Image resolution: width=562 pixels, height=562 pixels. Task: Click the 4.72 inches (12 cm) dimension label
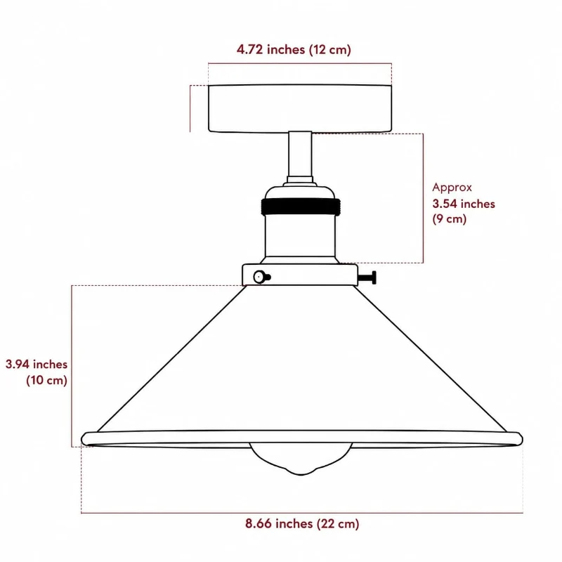[x=294, y=49]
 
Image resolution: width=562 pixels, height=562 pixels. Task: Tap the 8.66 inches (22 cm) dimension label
[x=302, y=523]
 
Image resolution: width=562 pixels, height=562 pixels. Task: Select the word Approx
[x=452, y=188]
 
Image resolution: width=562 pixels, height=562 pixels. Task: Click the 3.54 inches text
[x=464, y=204]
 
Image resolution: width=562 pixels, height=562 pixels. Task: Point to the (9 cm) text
[x=450, y=218]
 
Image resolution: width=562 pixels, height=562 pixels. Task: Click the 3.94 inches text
[x=37, y=364]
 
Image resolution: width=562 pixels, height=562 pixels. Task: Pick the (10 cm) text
[x=46, y=380]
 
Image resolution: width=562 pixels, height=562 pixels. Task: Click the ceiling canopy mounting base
[x=300, y=109]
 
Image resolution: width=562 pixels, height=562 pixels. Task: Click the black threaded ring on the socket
[x=301, y=207]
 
